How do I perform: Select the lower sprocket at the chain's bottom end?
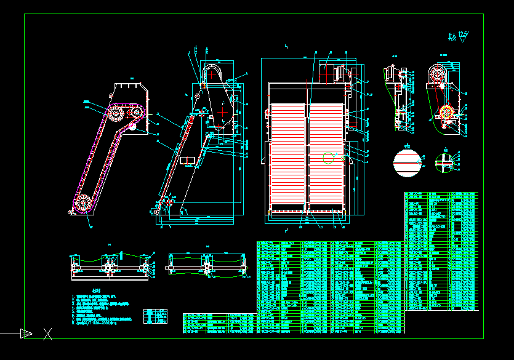coord(84,202)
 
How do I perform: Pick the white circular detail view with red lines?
coord(407,162)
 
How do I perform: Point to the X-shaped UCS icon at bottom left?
coord(47,334)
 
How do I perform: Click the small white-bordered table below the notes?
coord(155,316)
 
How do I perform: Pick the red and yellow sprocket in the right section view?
coord(445,113)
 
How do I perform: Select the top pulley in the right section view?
coord(438,74)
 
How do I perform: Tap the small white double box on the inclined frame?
coord(188,161)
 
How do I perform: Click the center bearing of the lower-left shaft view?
coord(110,266)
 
